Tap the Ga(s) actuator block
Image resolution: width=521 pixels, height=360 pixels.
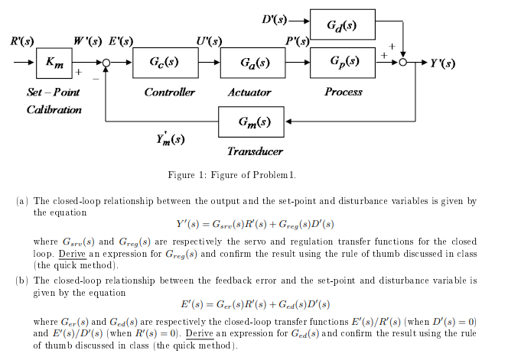pos(253,62)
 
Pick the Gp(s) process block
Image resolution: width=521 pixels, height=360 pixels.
pos(342,62)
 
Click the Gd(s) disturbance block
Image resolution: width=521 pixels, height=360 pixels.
pos(342,24)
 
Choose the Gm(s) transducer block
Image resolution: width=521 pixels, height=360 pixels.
pos(253,122)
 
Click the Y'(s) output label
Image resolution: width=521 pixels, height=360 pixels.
pos(443,63)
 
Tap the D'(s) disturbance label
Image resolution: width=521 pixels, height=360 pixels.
pos(273,16)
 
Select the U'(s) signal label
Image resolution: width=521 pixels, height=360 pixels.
pos(208,41)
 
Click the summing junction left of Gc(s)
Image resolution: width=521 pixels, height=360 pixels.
pos(107,63)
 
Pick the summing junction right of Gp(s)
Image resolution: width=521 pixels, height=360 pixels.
pos(403,63)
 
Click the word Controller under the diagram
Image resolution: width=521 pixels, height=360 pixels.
pos(169,92)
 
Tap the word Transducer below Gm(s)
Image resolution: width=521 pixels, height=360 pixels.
pos(255,151)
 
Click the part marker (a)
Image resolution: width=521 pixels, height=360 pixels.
pos(22,201)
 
